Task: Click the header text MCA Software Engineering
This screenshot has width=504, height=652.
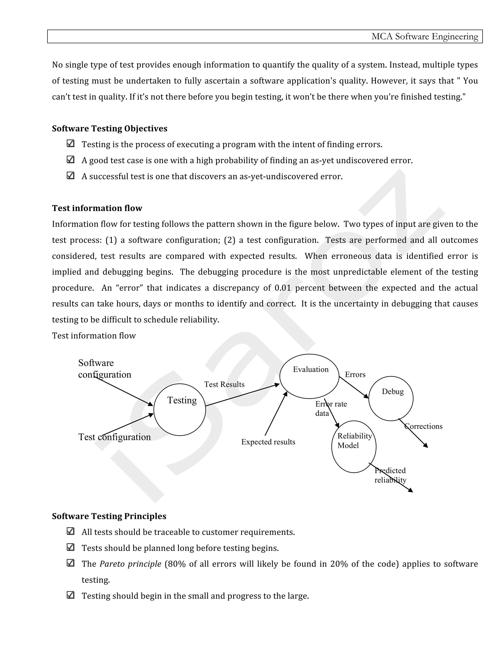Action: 424,36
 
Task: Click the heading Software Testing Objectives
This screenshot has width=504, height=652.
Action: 110,128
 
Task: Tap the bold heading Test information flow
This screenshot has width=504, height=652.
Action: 97,208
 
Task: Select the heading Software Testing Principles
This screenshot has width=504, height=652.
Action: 109,516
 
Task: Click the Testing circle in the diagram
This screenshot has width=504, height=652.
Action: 180,410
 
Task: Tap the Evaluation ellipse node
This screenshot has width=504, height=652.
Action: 309,376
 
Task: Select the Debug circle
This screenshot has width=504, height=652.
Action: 391,399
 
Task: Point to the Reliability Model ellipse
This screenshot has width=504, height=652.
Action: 354,447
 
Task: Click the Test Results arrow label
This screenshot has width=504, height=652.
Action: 224,385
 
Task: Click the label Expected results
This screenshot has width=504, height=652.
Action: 268,442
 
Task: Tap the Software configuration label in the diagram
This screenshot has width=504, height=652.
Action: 105,369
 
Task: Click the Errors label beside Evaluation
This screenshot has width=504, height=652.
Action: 355,375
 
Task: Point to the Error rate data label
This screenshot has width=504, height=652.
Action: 331,408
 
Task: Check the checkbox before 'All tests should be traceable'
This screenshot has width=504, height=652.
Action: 70,531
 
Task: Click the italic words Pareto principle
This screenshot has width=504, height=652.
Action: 130,564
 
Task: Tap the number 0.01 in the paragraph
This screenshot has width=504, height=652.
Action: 283,288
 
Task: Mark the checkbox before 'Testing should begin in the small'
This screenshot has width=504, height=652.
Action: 70,595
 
